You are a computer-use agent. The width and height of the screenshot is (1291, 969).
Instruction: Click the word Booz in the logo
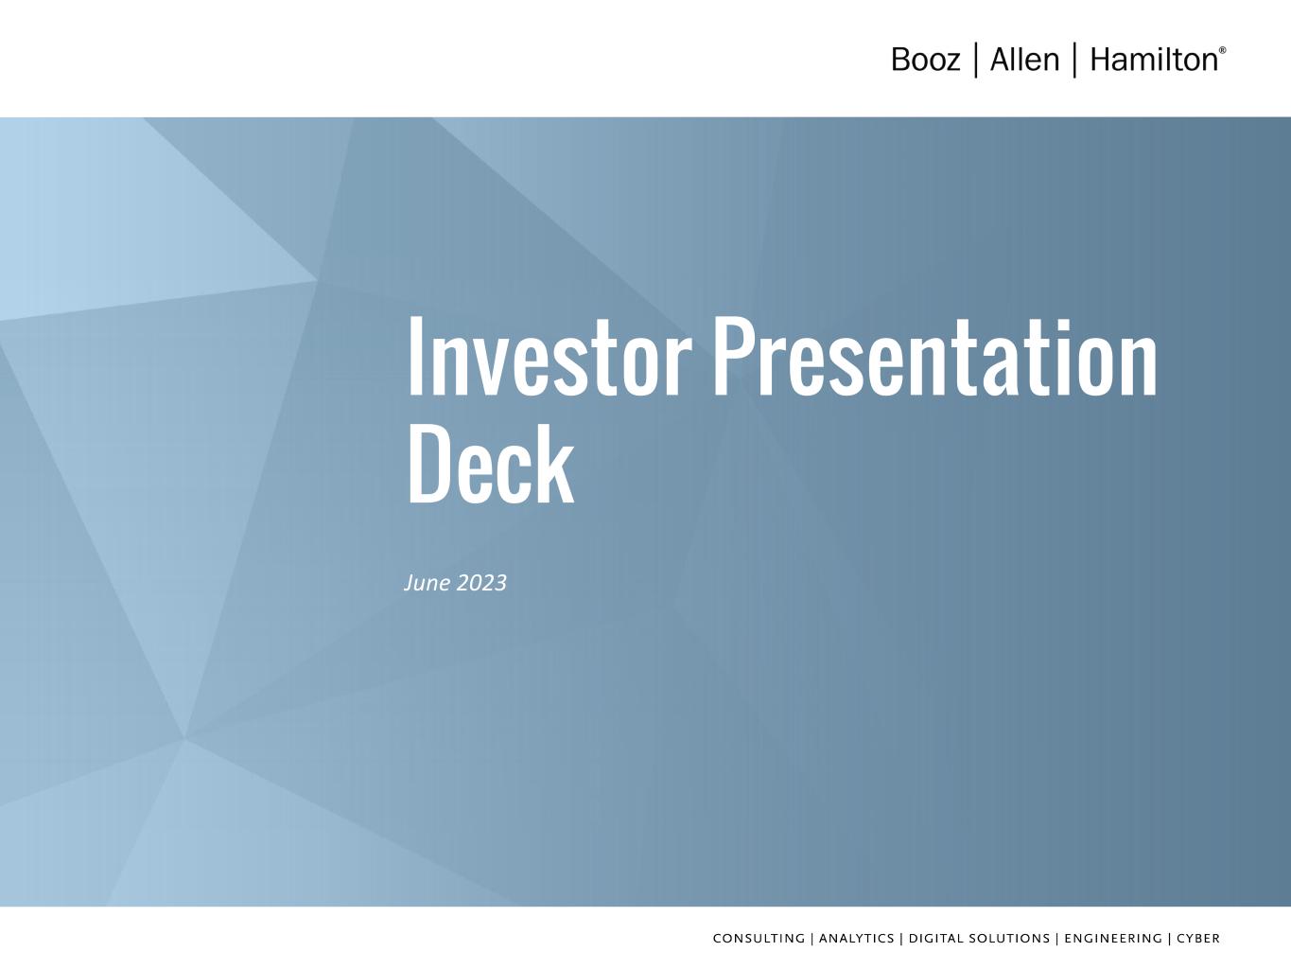925,60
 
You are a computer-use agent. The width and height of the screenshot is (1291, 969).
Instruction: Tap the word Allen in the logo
1024,60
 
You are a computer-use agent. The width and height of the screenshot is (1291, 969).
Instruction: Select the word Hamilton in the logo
1154,60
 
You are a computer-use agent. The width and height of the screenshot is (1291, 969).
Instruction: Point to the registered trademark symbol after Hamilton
1223,50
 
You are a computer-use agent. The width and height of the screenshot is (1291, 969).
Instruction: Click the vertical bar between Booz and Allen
976,60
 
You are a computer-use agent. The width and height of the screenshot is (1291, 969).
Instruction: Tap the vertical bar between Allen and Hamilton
1075,60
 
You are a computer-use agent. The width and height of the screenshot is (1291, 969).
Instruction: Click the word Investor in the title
550,357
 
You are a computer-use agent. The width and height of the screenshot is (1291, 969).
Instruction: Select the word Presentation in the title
935,357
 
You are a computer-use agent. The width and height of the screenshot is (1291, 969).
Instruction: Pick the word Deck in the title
491,465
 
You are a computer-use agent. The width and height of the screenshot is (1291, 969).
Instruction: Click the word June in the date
427,583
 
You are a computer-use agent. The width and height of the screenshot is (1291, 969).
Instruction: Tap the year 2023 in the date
481,583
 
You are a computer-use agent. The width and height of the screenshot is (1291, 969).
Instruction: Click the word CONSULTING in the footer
759,939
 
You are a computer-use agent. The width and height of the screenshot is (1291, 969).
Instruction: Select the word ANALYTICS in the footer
856,939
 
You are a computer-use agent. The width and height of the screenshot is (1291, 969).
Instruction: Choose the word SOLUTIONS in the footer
1007,939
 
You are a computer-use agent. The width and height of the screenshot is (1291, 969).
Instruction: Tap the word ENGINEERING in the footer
1113,939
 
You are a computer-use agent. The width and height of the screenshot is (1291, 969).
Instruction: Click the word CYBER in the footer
1198,939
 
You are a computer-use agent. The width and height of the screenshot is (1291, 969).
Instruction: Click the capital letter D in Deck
430,465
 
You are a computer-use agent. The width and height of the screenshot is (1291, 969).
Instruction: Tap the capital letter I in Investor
414,357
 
